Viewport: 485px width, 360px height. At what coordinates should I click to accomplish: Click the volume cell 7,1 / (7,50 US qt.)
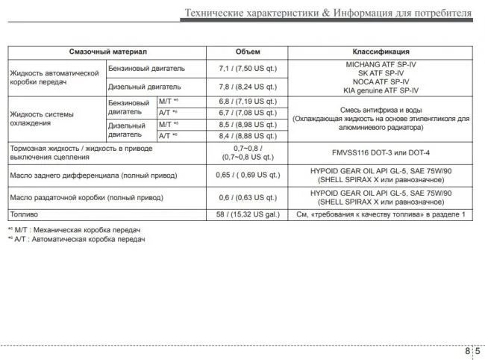pyautogui.click(x=248, y=69)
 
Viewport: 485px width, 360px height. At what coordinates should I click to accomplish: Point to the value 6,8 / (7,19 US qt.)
pyautogui.click(x=248, y=101)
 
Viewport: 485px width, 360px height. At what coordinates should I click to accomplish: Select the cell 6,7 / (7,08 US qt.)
pyautogui.click(x=248, y=112)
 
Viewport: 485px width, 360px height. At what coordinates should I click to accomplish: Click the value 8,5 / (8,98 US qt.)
pyautogui.click(x=248, y=124)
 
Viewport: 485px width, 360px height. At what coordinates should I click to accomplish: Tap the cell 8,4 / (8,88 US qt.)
pyautogui.click(x=248, y=136)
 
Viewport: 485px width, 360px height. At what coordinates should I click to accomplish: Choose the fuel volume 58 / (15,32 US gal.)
pyautogui.click(x=248, y=214)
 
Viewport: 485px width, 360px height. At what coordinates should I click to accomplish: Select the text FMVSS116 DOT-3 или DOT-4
pyautogui.click(x=382, y=152)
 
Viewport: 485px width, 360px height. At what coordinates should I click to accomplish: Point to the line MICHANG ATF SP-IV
pyautogui.click(x=382, y=65)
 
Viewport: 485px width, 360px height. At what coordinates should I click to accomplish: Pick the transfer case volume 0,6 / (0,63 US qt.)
pyautogui.click(x=248, y=197)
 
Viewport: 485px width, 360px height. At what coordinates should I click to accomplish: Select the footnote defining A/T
pyautogui.click(x=78, y=239)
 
